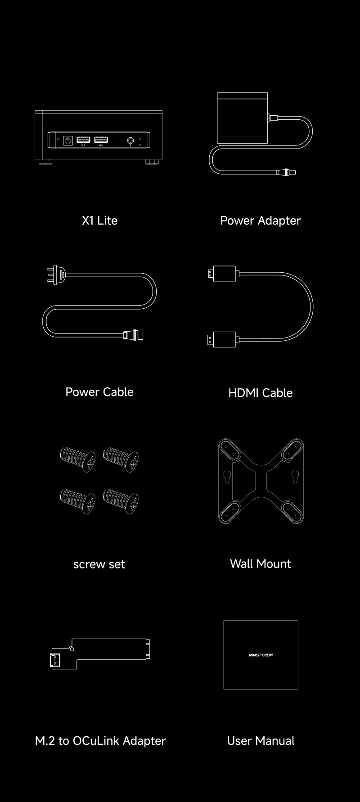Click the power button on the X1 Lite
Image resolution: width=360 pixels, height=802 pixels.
[68, 141]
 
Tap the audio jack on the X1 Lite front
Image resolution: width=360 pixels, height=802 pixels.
[131, 140]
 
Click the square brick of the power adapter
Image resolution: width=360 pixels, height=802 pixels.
[243, 118]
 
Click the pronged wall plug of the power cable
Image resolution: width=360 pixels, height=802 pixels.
[56, 274]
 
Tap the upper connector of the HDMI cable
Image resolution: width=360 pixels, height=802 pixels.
[222, 273]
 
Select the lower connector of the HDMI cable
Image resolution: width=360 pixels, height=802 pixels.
[222, 339]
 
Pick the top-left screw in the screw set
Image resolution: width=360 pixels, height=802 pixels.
[77, 459]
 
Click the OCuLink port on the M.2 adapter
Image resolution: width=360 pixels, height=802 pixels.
[56, 661]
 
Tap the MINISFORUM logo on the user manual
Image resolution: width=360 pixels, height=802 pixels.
[261, 655]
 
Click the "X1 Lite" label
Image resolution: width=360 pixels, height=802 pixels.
[99, 221]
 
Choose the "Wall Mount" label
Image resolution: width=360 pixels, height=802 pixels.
[260, 563]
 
